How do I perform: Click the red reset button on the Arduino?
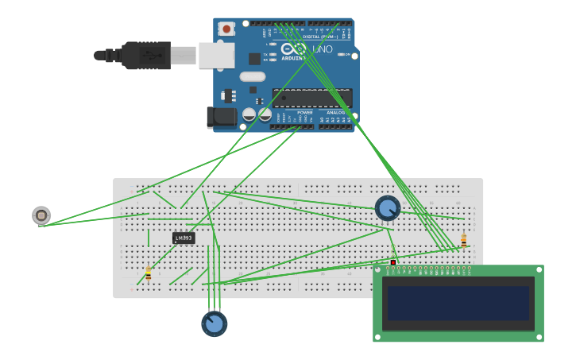[x=226, y=29]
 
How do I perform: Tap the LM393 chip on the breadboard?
[x=183, y=238]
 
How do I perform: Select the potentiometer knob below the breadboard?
[x=214, y=323]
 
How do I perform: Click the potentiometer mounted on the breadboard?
[x=387, y=208]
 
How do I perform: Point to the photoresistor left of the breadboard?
[x=41, y=215]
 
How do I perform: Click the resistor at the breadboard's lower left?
[x=148, y=274]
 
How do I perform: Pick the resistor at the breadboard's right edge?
[x=463, y=240]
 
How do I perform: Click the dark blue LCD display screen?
[x=458, y=303]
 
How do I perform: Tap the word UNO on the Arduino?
[x=322, y=49]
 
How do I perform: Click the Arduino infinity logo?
[x=293, y=48]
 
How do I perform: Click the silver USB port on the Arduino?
[x=216, y=55]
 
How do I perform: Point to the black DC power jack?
[x=221, y=118]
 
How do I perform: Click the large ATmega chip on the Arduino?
[x=311, y=98]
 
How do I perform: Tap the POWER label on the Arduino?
[x=304, y=113]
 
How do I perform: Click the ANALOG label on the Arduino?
[x=335, y=113]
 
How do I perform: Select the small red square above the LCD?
[x=392, y=262]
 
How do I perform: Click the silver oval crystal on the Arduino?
[x=251, y=77]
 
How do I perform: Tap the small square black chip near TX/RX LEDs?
[x=254, y=59]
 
